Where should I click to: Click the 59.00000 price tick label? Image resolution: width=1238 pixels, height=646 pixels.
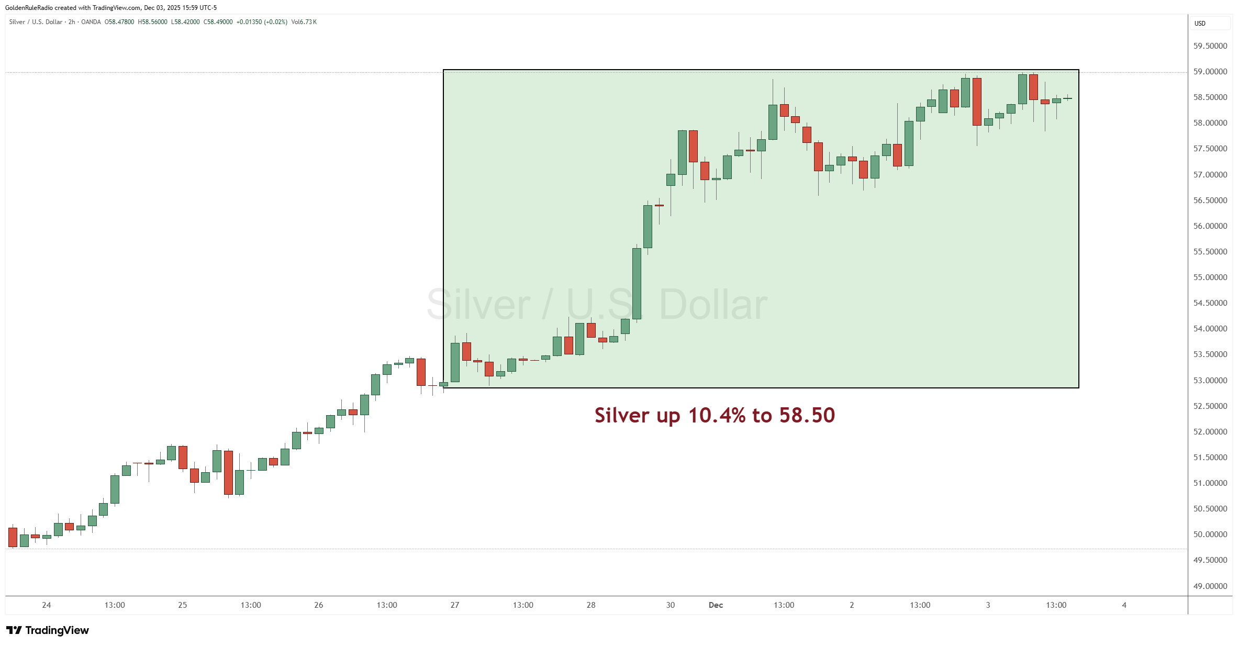[x=1210, y=72]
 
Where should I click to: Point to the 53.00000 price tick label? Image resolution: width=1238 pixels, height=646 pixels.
[x=1210, y=381]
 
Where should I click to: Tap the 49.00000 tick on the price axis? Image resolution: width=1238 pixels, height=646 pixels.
[x=1210, y=586]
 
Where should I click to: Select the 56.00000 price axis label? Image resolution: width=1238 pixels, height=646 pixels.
[x=1210, y=226]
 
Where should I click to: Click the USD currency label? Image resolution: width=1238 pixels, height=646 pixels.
[x=1200, y=24]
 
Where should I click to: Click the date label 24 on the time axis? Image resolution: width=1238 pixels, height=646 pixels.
[x=47, y=605]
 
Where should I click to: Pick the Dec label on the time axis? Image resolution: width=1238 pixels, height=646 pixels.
[x=716, y=605]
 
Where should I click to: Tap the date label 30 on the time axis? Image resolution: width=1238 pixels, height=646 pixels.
[x=671, y=605]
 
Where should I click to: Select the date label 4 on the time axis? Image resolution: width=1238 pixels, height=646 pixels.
[x=1124, y=605]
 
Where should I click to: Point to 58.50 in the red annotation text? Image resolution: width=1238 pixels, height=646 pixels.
[x=807, y=415]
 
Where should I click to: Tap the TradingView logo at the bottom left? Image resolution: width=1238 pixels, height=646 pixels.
[x=48, y=630]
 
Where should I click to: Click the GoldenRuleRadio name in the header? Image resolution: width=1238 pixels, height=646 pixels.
[x=29, y=8]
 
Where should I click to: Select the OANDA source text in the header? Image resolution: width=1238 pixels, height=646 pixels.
[x=91, y=22]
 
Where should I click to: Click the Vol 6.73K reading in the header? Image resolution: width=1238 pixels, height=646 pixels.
[x=304, y=22]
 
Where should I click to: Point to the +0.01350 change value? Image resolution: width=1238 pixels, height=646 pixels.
[x=249, y=22]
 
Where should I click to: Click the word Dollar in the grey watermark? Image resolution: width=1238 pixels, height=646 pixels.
[x=713, y=305]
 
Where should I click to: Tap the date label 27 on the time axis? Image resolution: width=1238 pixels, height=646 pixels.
[x=455, y=605]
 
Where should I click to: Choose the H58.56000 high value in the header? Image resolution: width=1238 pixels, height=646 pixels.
[x=153, y=22]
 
